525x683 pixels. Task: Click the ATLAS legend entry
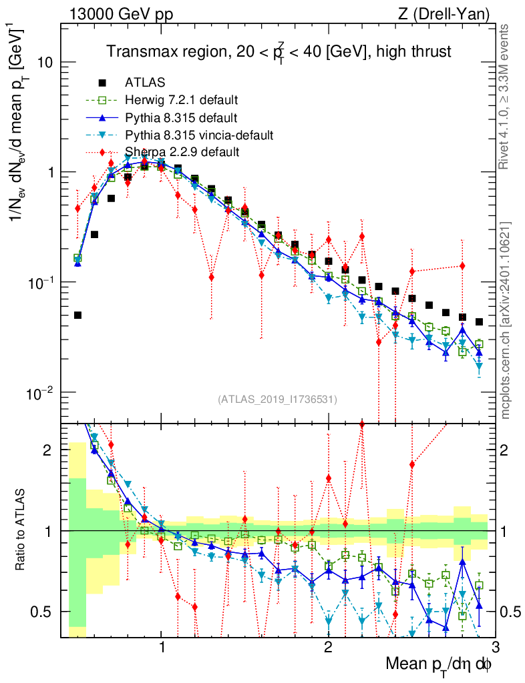[x=141, y=83]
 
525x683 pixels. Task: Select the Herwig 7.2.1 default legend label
[x=182, y=101]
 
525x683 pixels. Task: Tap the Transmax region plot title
[x=280, y=51]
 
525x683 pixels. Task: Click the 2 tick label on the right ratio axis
[x=504, y=450]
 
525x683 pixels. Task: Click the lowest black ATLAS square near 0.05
[x=77, y=315]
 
